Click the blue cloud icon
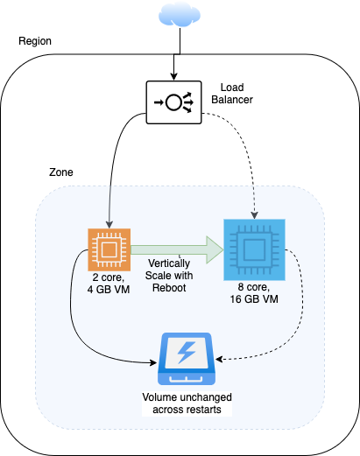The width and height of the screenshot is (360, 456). (x=180, y=15)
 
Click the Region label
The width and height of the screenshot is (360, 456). (x=35, y=41)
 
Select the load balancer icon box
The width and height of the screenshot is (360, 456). (x=173, y=102)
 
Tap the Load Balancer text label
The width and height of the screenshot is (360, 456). (x=232, y=94)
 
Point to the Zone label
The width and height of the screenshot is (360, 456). (x=61, y=172)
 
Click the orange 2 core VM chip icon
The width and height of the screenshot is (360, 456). (x=109, y=249)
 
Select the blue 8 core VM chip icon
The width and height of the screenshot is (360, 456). (x=254, y=249)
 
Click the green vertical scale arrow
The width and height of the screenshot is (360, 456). (x=177, y=249)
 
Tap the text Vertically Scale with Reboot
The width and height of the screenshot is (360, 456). (x=169, y=276)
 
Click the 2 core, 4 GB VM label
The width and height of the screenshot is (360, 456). (x=109, y=284)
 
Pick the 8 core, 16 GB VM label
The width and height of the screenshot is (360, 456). (x=254, y=293)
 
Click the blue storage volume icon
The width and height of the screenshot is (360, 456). (x=187, y=359)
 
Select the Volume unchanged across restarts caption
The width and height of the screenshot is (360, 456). (x=187, y=403)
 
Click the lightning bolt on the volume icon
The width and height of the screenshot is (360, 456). (x=187, y=353)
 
